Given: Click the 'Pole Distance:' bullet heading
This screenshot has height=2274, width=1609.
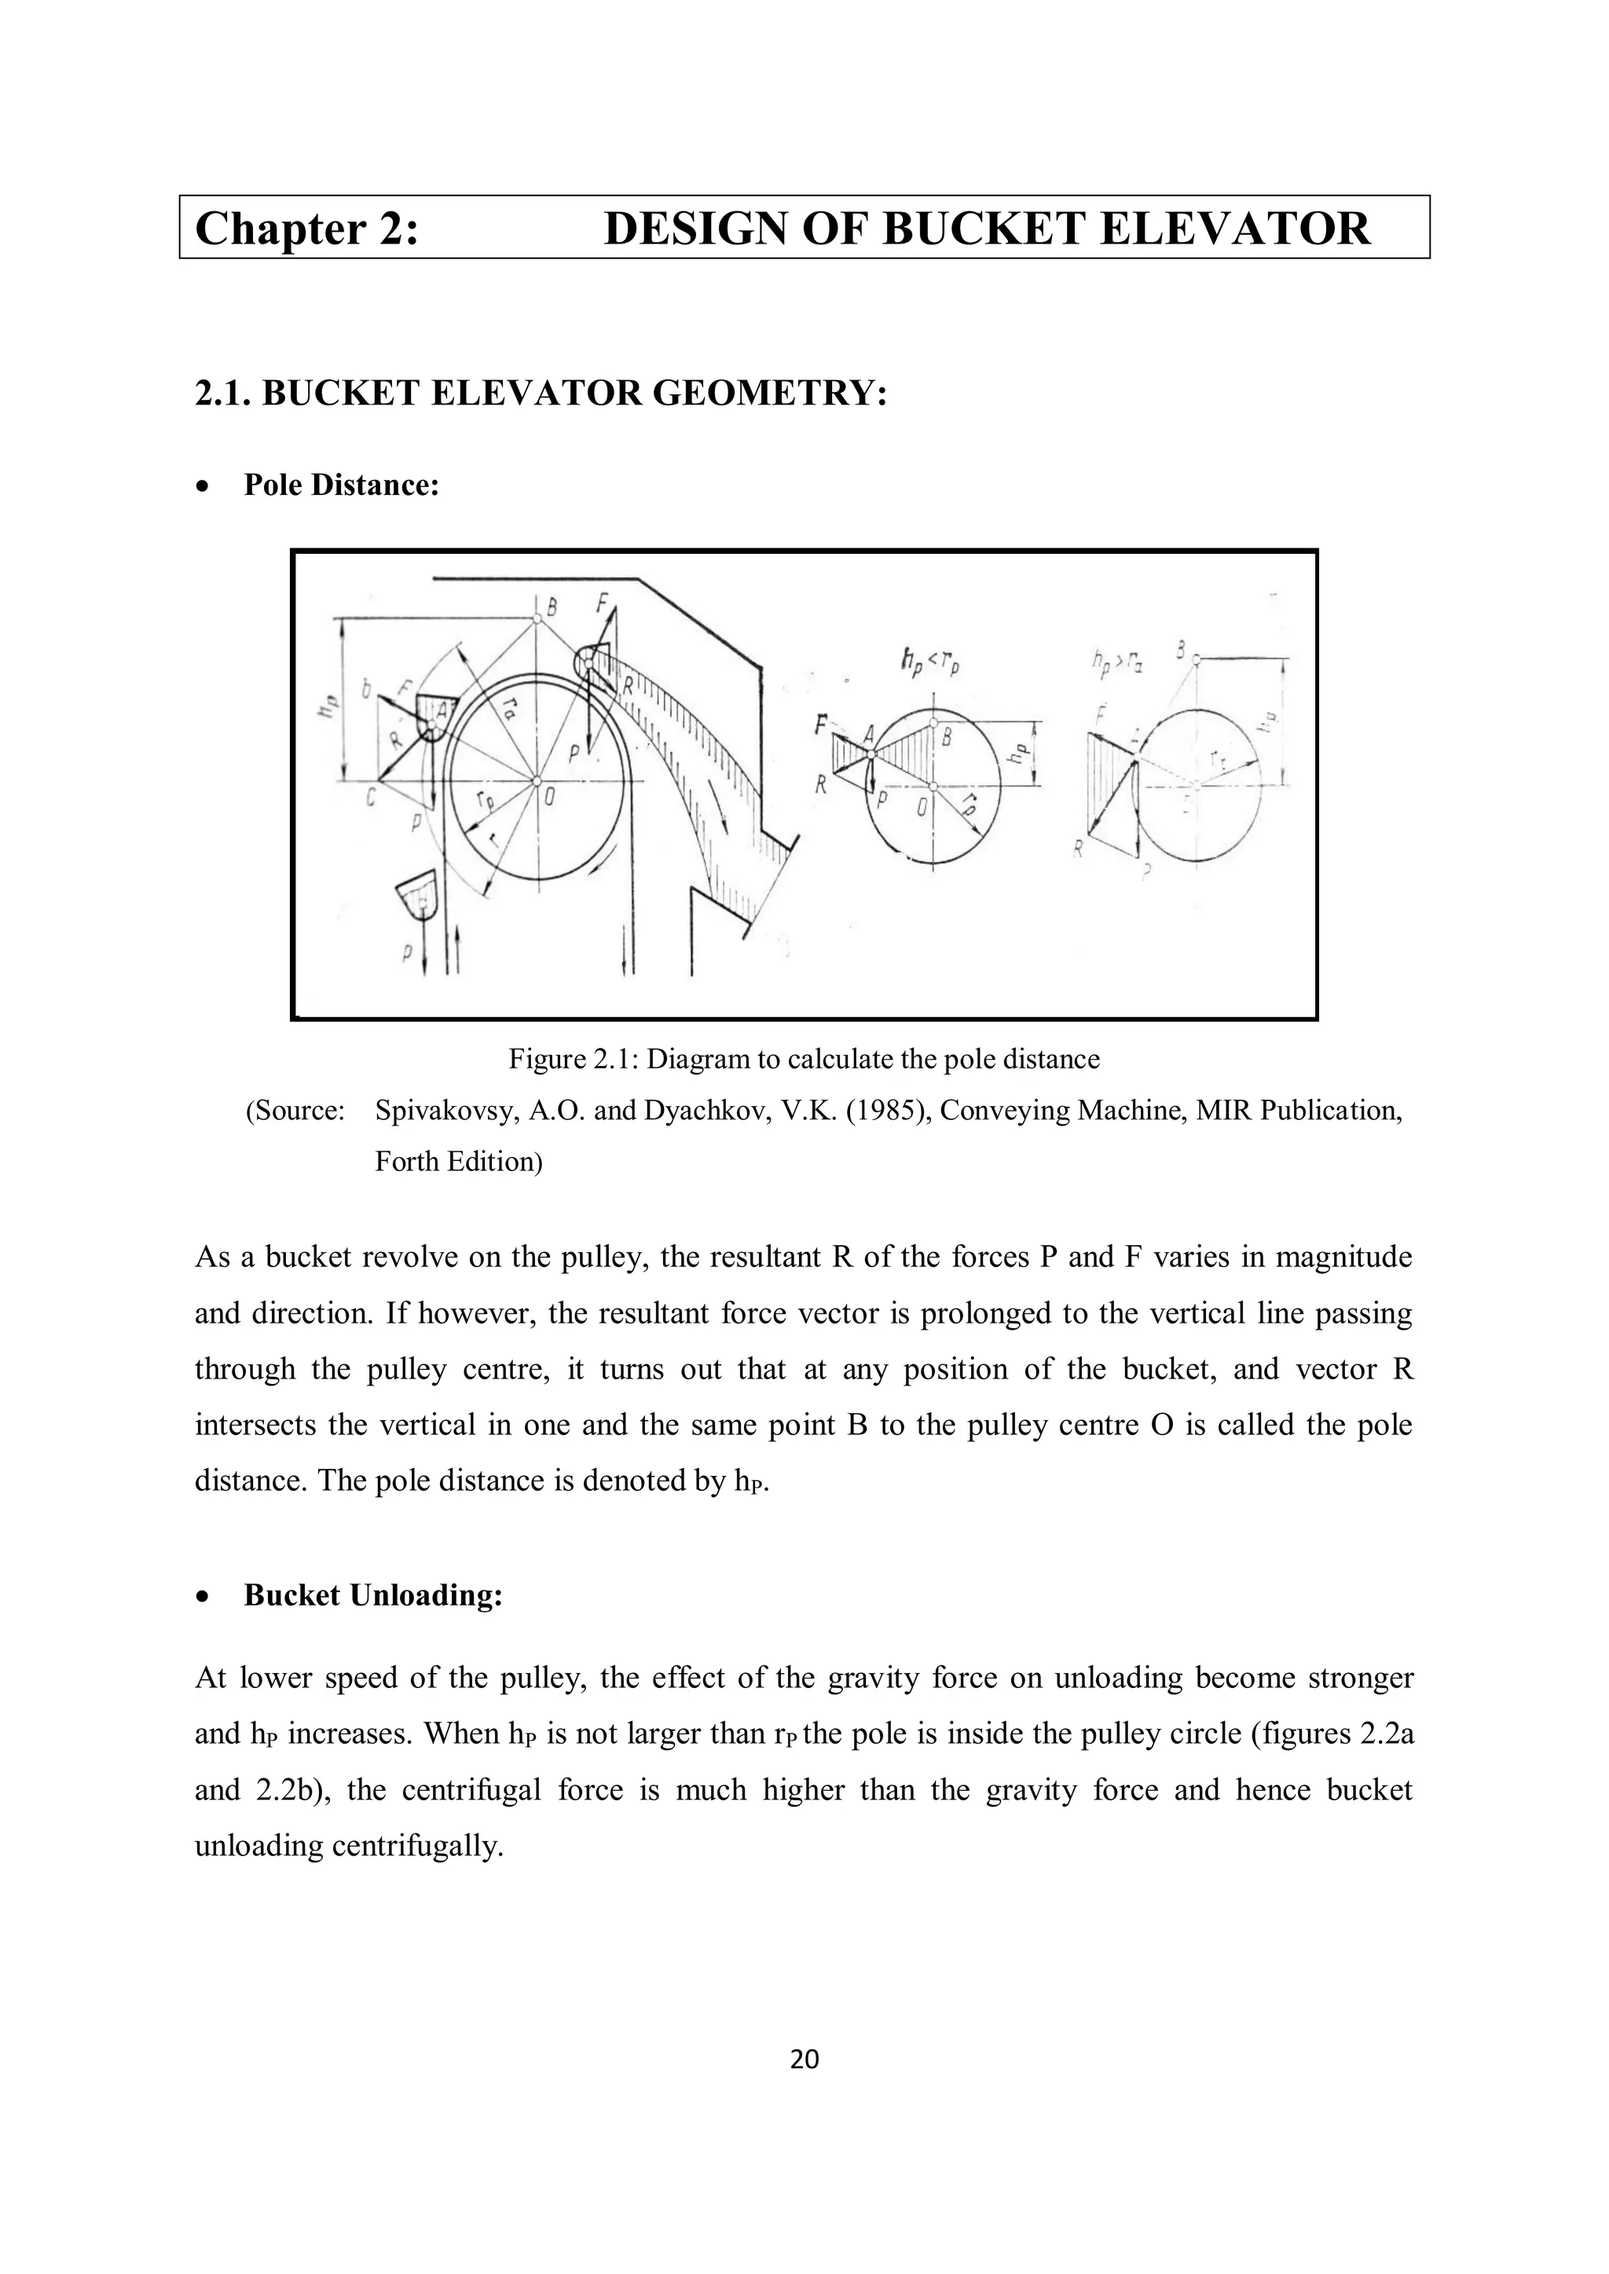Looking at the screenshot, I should pos(341,485).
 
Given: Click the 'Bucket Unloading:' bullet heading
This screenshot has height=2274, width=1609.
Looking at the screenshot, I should pos(373,1595).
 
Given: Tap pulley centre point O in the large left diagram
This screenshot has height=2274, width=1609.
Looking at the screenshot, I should pos(537,782).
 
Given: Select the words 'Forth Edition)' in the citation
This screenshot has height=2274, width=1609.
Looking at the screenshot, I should pos(458,1161).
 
